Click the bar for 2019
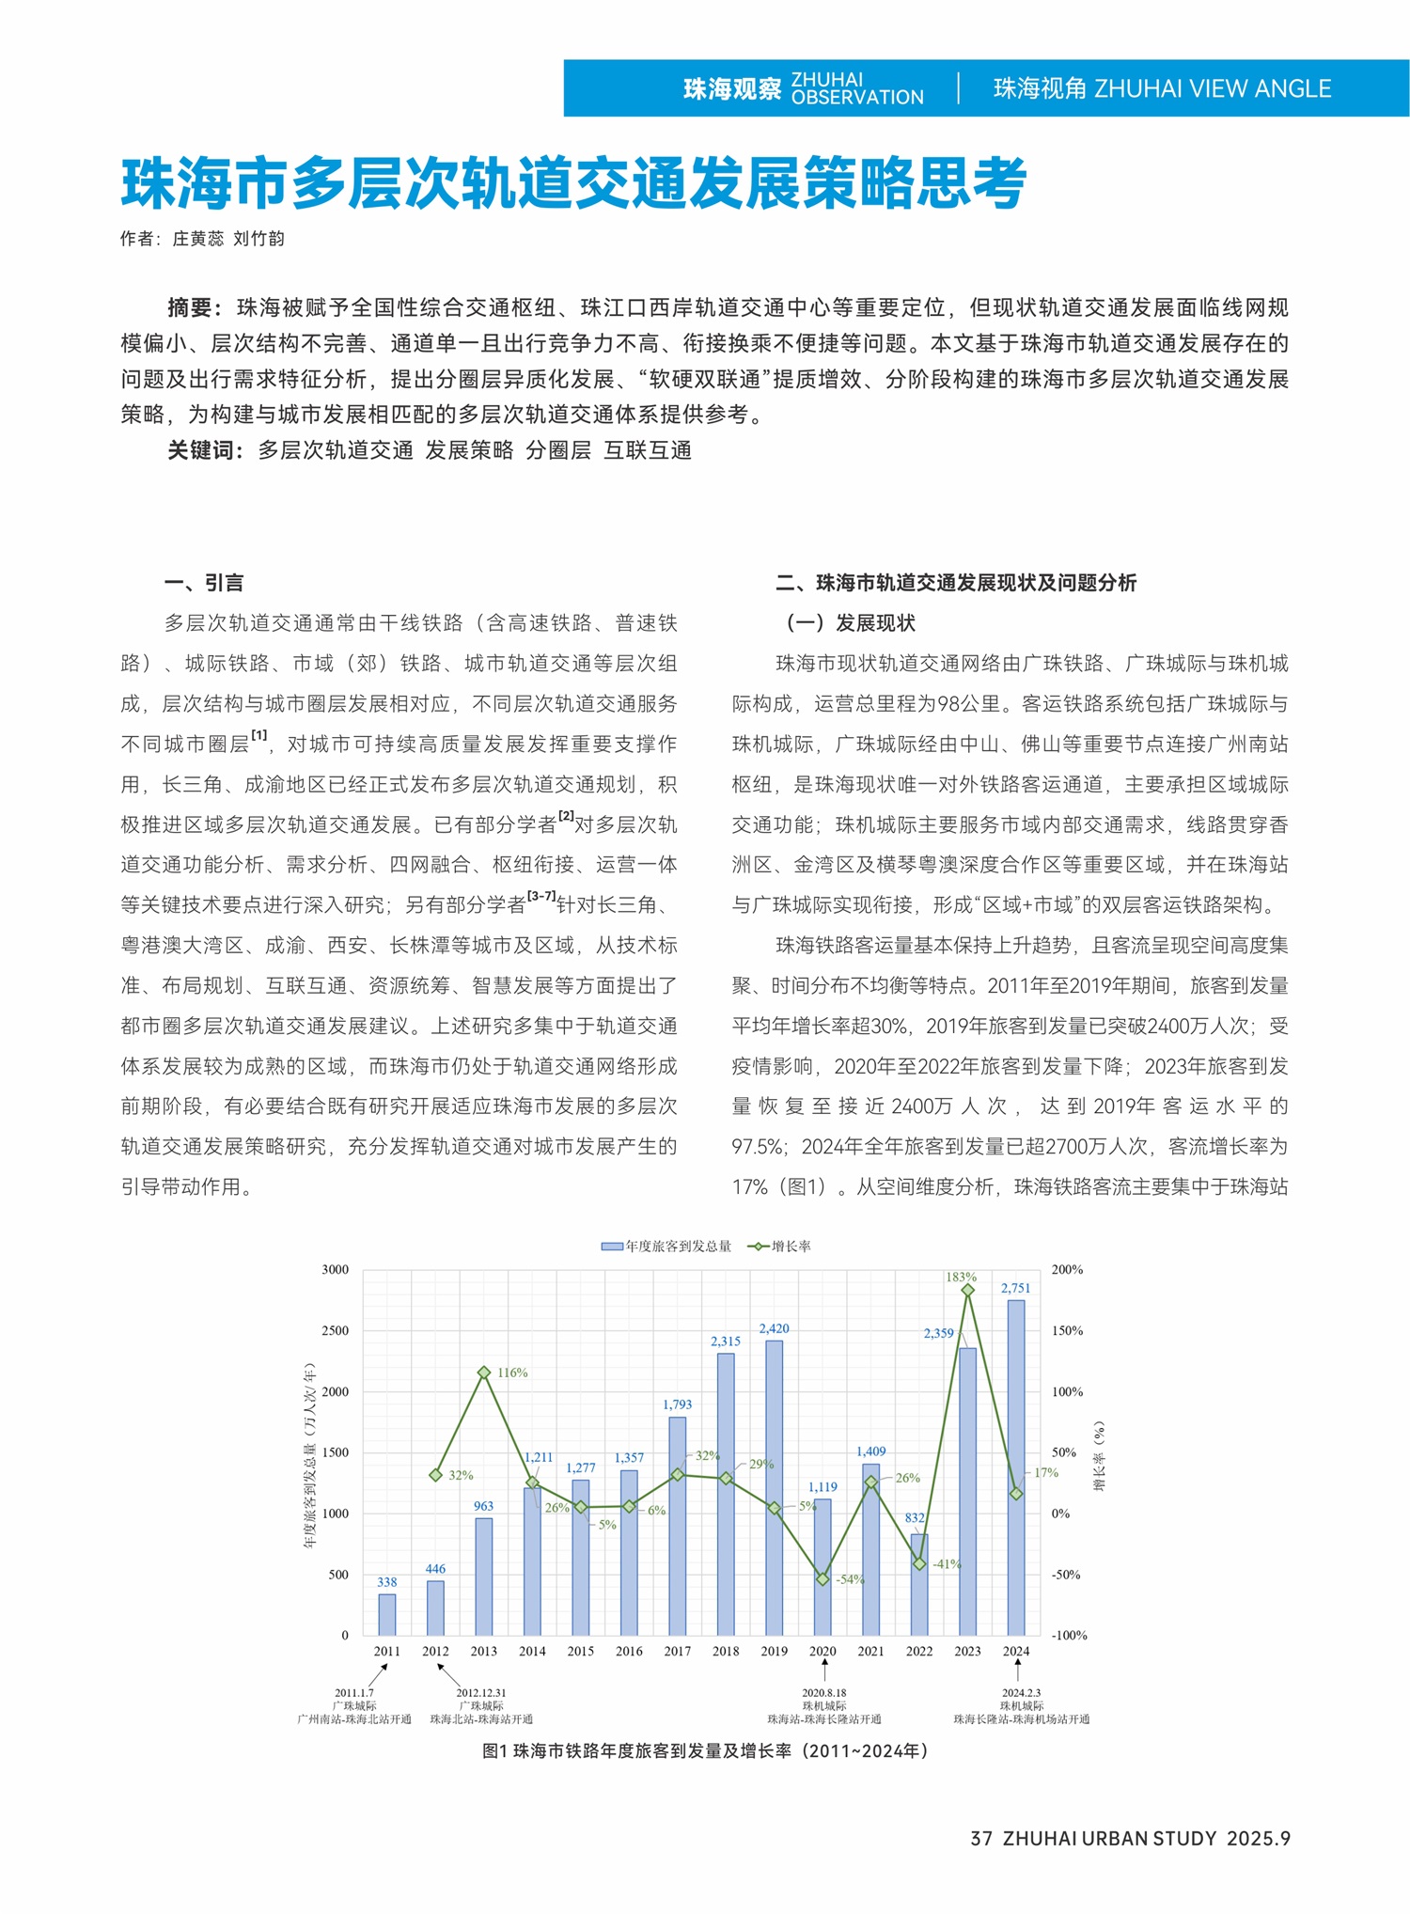(774, 1487)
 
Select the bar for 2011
(387, 1613)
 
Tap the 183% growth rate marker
(967, 1290)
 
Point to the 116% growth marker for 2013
(484, 1373)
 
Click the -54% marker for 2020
(822, 1579)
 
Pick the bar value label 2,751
(1015, 1288)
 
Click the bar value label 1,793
(677, 1404)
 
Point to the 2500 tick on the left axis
(336, 1330)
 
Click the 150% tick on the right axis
(1067, 1330)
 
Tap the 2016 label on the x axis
(629, 1651)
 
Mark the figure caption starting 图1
(705, 1751)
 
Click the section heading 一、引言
(204, 583)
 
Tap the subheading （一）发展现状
(851, 623)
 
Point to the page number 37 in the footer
(981, 1838)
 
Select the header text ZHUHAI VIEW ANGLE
(1213, 89)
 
